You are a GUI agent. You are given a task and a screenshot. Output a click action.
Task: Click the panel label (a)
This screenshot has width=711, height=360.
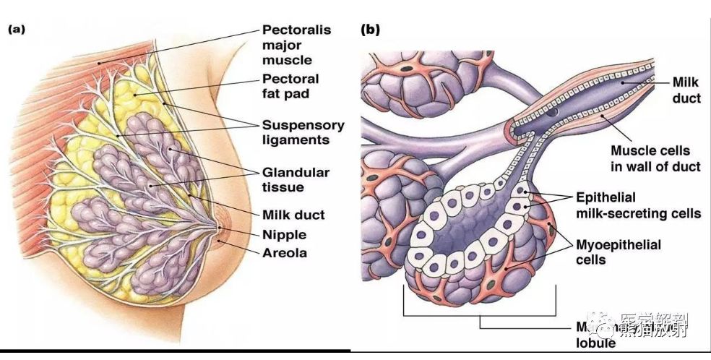tap(18, 30)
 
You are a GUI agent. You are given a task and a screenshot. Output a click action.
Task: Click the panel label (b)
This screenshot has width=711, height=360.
tap(370, 30)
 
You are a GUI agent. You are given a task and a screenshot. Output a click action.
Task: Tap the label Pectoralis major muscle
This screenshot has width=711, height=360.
tap(296, 45)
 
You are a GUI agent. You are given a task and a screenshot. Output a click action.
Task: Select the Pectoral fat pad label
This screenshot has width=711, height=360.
tap(290, 85)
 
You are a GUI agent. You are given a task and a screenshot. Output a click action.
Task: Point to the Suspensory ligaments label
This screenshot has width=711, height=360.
tap(303, 132)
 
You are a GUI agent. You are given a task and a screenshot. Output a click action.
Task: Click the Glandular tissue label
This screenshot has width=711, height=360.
tap(296, 180)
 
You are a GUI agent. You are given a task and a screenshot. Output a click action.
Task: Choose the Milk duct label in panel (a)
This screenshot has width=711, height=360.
tap(293, 215)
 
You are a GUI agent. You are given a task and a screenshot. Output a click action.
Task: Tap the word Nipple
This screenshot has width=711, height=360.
tap(284, 234)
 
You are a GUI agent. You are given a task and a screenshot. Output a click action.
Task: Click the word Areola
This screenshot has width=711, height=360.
tap(284, 252)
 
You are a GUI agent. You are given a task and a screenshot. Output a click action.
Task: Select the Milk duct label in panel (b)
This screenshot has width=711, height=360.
tap(686, 90)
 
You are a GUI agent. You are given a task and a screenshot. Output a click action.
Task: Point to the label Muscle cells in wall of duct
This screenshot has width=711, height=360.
tap(655, 159)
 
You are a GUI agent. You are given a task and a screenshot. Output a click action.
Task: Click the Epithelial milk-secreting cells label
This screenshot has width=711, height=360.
tap(638, 205)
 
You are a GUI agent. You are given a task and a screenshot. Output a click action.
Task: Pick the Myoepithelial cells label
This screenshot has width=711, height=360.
tap(618, 252)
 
